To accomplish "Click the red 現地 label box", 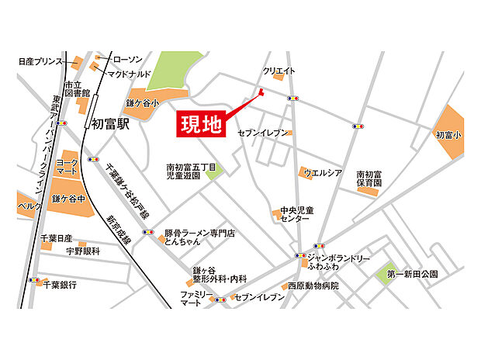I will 201,123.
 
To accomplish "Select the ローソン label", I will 127,60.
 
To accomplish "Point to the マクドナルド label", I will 129,74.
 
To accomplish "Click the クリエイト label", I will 279,71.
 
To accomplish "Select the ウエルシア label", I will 323,172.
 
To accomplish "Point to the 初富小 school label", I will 448,134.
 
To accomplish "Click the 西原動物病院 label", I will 313,286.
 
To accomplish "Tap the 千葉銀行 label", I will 60,286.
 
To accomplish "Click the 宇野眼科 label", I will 82,251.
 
